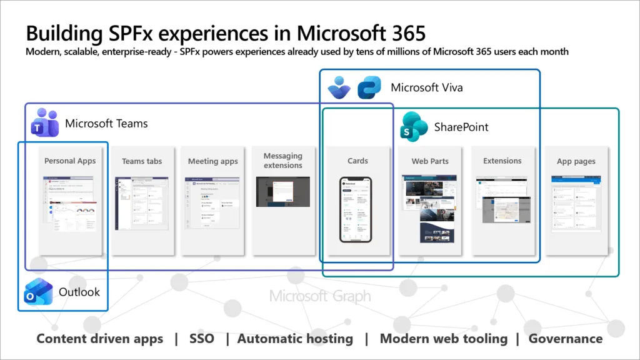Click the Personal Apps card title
[x=70, y=161]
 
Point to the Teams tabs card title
[x=142, y=161]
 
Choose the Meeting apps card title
[x=213, y=161]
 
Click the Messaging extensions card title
[x=283, y=161]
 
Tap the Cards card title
[x=357, y=161]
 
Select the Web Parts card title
[x=430, y=161]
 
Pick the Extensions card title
[x=502, y=161]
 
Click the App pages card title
[x=576, y=161]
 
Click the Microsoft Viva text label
[x=427, y=87]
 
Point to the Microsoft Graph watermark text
[x=320, y=296]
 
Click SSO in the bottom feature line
[x=201, y=339]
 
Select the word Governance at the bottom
[x=566, y=339]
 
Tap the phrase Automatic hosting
[x=295, y=339]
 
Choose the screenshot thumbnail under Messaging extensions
[x=283, y=192]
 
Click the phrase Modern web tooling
[x=444, y=339]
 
